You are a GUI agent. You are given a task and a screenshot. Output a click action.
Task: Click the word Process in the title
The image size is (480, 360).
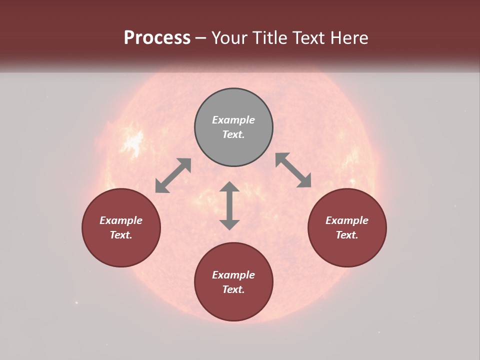point(157,38)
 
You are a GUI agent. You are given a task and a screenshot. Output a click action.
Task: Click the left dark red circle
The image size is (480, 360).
point(121,250)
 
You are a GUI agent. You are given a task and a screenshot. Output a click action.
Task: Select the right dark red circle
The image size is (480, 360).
point(347,250)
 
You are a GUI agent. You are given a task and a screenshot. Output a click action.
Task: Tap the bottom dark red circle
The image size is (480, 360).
point(233,305)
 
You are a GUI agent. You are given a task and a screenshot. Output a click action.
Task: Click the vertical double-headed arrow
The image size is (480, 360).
point(229,205)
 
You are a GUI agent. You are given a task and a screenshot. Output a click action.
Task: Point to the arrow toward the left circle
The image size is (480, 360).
point(173,175)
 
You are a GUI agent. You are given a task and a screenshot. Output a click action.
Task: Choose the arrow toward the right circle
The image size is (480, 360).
point(293,170)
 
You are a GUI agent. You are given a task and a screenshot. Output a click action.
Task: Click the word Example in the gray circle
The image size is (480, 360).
point(233,120)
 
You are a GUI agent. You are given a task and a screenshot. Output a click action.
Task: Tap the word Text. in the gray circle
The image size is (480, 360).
point(233,134)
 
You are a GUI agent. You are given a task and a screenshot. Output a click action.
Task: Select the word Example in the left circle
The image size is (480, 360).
point(121,220)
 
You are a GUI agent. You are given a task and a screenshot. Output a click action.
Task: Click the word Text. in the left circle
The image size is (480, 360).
point(121,235)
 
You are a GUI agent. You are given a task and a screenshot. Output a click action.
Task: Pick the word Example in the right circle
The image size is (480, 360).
point(347,220)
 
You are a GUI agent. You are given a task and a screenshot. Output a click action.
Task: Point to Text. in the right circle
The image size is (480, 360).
point(347,235)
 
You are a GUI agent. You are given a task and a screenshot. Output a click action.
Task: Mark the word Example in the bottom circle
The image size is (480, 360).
point(233,275)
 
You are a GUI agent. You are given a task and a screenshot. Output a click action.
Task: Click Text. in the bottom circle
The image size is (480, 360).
point(233,289)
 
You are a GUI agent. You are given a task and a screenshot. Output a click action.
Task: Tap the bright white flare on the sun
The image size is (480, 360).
point(133,143)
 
